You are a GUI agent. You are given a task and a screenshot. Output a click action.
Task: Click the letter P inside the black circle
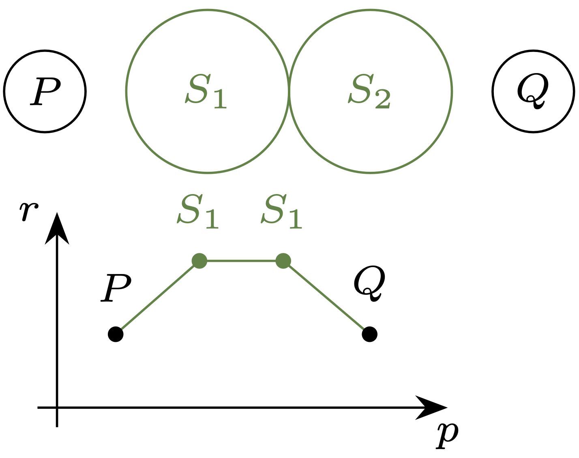(x=45, y=92)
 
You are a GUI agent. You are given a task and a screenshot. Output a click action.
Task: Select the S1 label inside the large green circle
(x=206, y=92)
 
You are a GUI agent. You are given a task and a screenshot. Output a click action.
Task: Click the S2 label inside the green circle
(x=369, y=92)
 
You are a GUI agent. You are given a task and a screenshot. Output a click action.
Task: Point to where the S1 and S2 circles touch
(x=289, y=92)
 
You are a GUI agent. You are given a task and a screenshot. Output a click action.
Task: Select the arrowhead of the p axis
(x=432, y=407)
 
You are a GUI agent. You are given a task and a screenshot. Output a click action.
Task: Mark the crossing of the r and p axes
(x=57, y=407)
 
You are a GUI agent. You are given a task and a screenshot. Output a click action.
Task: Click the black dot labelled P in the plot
(x=116, y=335)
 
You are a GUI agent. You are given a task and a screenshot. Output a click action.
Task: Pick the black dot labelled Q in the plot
(x=369, y=335)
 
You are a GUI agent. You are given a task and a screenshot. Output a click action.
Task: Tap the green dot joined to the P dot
(x=199, y=261)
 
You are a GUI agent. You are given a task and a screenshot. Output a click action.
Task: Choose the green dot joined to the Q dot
(x=283, y=261)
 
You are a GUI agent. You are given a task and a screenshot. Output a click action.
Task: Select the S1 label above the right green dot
(x=281, y=212)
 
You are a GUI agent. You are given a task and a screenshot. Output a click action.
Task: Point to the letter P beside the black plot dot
(x=116, y=288)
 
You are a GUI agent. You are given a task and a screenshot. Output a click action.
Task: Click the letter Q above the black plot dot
(x=369, y=283)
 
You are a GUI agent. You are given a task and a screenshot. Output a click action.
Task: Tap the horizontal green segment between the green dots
(x=241, y=261)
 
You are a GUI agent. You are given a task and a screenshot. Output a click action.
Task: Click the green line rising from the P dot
(x=158, y=298)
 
